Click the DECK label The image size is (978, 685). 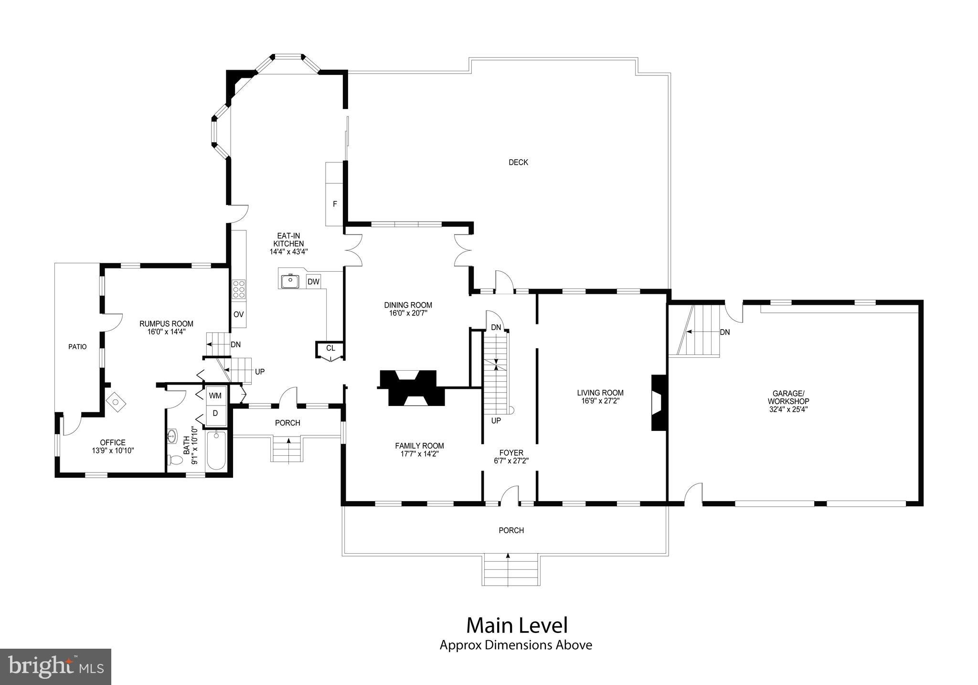point(518,162)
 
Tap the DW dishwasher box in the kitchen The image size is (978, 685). point(313,282)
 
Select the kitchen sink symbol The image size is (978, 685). point(289,281)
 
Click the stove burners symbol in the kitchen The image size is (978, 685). point(239,289)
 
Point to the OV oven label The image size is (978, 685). point(238,314)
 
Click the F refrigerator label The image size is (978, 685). point(335,204)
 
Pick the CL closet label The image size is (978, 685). point(330,348)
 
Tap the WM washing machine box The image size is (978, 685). point(215,396)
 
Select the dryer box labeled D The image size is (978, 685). point(215,413)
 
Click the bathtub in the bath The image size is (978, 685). point(217,451)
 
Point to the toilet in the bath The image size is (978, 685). point(175,460)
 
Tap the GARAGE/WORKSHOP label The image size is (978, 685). point(788,397)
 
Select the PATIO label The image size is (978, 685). point(77,347)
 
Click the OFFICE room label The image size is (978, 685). point(113,442)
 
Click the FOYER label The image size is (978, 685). point(511,453)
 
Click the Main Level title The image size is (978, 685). point(517,625)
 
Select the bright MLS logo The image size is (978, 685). point(56,666)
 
